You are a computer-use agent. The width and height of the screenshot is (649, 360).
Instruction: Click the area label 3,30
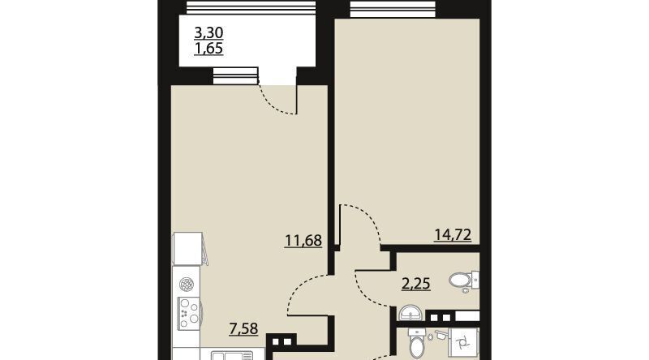tap(208, 32)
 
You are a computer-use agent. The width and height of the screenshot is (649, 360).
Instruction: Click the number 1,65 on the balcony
tap(208, 49)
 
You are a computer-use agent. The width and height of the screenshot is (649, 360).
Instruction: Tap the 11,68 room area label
tap(303, 241)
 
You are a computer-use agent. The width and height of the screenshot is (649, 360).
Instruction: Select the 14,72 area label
tap(453, 235)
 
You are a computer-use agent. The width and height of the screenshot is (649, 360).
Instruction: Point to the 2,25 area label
tap(416, 284)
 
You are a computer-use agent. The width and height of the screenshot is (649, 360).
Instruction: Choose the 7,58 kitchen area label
tap(243, 329)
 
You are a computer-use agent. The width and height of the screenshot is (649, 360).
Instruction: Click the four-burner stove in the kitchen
tap(189, 313)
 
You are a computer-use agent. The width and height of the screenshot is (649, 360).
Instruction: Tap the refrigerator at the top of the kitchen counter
tap(189, 249)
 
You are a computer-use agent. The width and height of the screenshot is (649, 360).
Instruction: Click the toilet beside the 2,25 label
tap(464, 281)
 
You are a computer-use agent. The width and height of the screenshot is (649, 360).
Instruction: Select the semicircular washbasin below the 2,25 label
tap(410, 313)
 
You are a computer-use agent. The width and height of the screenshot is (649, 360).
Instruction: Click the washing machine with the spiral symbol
tap(463, 343)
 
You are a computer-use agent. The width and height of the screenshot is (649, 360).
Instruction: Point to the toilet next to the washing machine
tap(417, 342)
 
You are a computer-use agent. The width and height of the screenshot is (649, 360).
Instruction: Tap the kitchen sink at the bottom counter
tap(232, 355)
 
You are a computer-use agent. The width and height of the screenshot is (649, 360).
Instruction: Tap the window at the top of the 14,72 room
tap(393, 9)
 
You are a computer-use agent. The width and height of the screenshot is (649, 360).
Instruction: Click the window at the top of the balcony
tap(251, 7)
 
